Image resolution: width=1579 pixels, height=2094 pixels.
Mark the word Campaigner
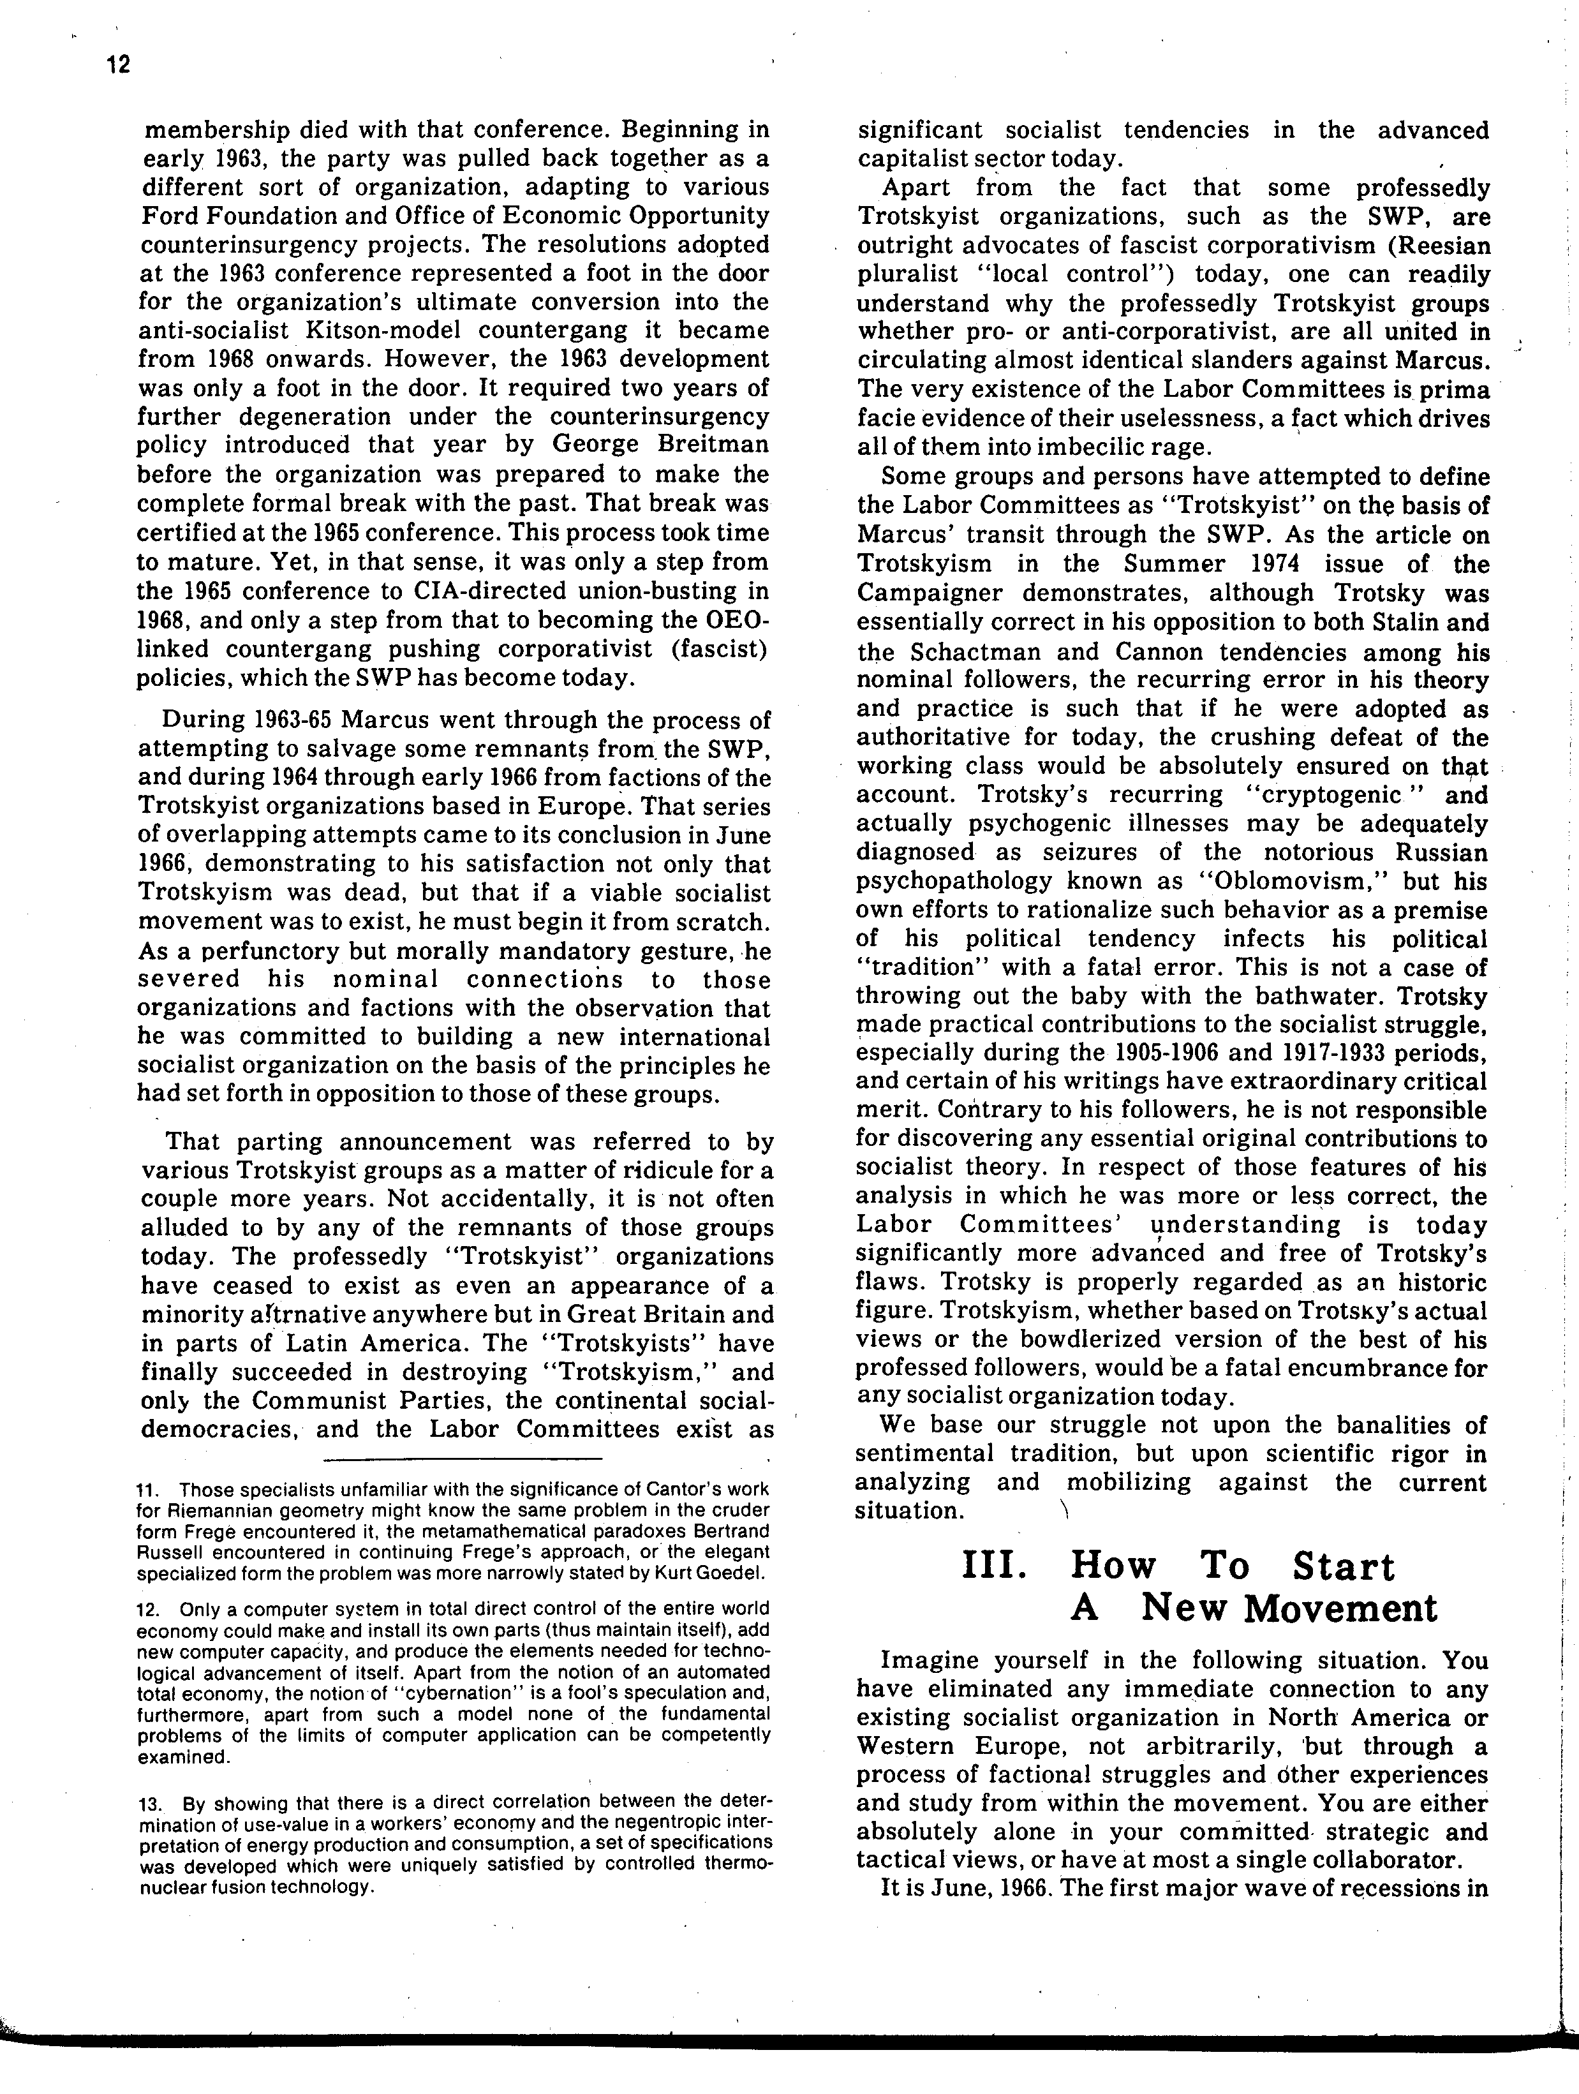click(x=923, y=593)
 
